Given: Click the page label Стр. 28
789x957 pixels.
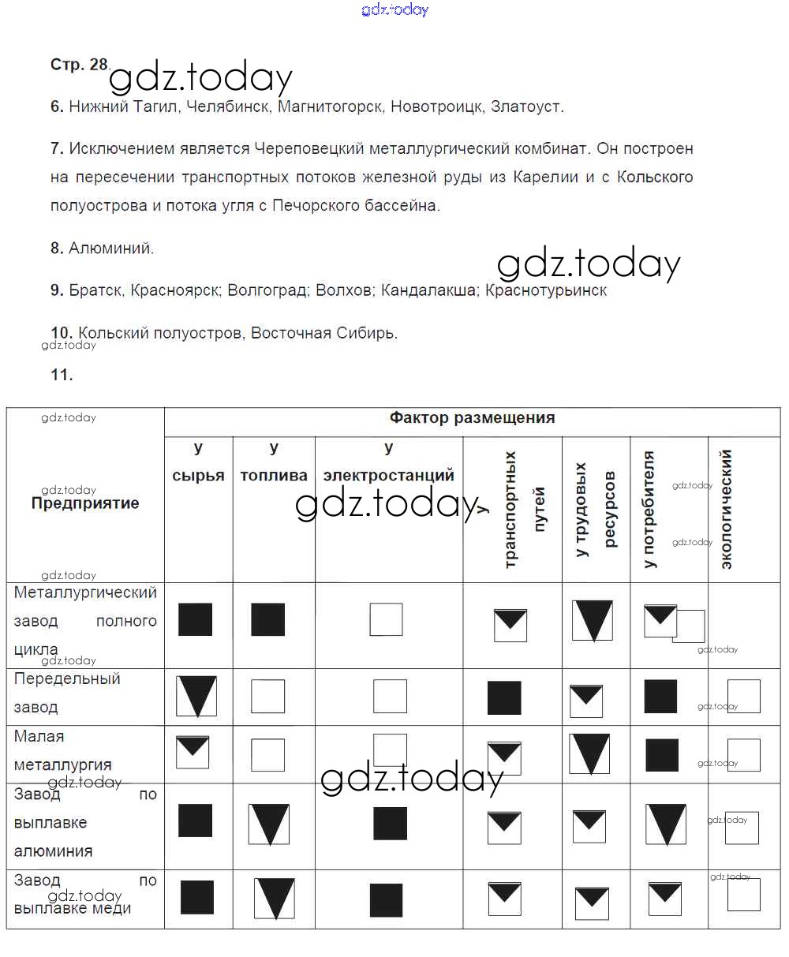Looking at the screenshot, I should tap(78, 65).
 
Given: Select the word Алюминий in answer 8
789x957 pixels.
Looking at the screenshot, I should tap(110, 249).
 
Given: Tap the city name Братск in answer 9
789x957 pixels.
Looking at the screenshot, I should tap(95, 290).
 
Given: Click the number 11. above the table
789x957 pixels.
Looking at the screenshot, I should tap(62, 376).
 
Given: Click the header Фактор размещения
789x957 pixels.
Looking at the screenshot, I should tap(472, 418).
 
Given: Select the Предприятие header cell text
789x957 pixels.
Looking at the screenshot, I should tap(85, 503).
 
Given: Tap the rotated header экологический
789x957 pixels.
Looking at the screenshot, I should tap(727, 509).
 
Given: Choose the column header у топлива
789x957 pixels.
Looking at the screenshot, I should tap(274, 462).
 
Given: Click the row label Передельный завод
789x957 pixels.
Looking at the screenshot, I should tap(67, 693).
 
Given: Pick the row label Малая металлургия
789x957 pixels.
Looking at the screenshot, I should tap(63, 750).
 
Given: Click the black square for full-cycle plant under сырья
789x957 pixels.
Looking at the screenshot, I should tap(195, 619).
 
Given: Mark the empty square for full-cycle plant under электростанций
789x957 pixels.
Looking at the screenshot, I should tap(386, 619).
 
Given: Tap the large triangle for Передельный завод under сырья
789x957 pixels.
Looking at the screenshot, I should tap(196, 695).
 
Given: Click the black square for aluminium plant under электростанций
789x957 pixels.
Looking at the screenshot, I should tap(390, 823).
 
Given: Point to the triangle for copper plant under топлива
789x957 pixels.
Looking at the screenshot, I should tap(275, 899).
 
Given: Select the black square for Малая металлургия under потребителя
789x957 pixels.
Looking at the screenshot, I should tap(662, 755).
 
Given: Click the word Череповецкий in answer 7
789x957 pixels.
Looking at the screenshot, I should tap(308, 148).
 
